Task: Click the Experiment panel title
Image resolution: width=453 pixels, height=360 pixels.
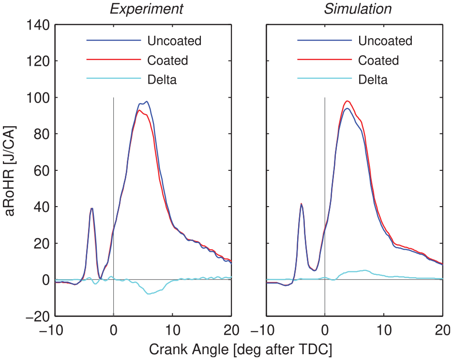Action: pyautogui.click(x=147, y=9)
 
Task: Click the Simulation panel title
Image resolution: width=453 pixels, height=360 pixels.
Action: pyautogui.click(x=358, y=9)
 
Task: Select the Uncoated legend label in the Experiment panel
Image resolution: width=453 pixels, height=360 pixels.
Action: pyautogui.click(x=174, y=41)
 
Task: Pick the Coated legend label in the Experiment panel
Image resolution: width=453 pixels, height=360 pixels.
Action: pyautogui.click(x=167, y=60)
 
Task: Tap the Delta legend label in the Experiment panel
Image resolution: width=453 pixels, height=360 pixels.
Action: pyautogui.click(x=162, y=79)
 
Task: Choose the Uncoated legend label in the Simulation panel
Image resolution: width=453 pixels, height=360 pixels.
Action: pyautogui.click(x=385, y=41)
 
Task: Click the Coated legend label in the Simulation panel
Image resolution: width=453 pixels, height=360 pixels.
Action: pyautogui.click(x=378, y=60)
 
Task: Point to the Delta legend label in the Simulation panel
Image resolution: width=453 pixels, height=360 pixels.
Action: pyautogui.click(x=373, y=79)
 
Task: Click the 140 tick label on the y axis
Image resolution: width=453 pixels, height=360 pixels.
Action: pyautogui.click(x=38, y=25)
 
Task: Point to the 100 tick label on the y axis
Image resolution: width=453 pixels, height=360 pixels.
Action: pyautogui.click(x=38, y=98)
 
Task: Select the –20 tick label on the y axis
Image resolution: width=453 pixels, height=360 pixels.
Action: pyautogui.click(x=38, y=316)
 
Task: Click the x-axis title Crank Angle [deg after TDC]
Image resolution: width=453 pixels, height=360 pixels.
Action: pyautogui.click(x=241, y=350)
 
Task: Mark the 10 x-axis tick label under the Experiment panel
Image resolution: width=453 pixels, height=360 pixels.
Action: pyautogui.click(x=172, y=330)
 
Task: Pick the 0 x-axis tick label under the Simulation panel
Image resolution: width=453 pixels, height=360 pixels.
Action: pyautogui.click(x=325, y=330)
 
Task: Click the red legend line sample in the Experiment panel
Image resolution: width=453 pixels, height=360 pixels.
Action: pyautogui.click(x=114, y=60)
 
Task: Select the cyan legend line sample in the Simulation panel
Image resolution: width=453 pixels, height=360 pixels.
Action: pyautogui.click(x=324, y=78)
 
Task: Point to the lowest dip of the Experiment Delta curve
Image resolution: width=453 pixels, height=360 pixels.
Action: pyautogui.click(x=149, y=294)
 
